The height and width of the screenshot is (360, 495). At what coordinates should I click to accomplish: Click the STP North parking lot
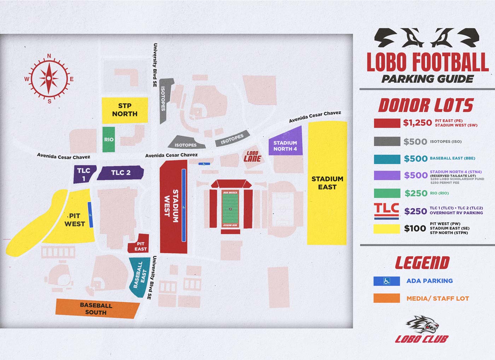(124, 110)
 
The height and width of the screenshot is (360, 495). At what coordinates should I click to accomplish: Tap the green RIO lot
(109, 139)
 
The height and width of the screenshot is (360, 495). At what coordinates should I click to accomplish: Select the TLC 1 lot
(84, 174)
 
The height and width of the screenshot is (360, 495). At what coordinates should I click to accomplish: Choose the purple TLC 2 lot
(121, 173)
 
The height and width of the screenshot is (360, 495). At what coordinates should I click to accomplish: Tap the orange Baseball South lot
(96, 308)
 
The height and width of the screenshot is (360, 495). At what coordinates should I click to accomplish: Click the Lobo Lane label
(252, 157)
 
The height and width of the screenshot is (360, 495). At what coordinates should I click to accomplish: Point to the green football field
(231, 209)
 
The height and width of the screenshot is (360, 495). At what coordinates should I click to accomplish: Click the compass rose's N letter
(49, 56)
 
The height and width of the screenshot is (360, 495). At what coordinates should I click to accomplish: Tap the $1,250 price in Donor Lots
(418, 123)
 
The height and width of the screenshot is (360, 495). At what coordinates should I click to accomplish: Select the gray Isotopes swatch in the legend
(387, 141)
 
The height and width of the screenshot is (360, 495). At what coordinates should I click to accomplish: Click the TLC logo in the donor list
(386, 211)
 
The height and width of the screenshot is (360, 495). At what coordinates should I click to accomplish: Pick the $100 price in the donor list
(415, 228)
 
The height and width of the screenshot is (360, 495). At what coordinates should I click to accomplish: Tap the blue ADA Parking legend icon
(386, 281)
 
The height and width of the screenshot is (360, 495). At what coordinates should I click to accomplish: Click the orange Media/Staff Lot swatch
(386, 298)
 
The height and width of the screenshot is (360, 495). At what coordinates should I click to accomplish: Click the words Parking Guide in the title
(427, 79)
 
